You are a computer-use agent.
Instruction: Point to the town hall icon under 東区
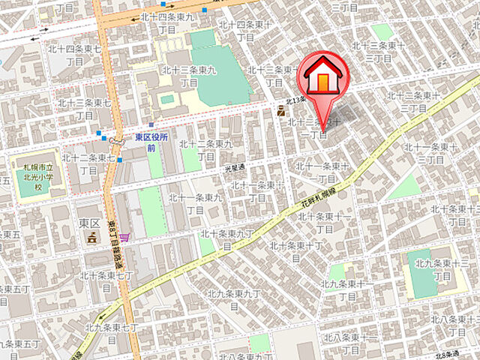point(91,238)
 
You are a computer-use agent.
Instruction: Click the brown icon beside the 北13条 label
point(281,112)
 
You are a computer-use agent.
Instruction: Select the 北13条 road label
point(297,101)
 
